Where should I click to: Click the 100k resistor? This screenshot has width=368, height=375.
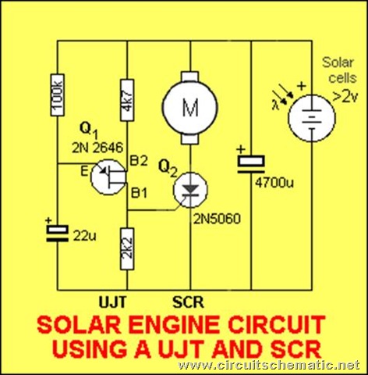[x=57, y=95]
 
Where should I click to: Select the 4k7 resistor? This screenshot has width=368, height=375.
[x=127, y=100]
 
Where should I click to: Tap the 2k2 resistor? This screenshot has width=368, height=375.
[x=127, y=249]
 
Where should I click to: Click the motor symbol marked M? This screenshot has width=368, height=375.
[x=190, y=108]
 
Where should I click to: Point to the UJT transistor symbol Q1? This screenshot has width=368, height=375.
[x=108, y=177]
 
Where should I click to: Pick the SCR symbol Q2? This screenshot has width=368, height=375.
[x=190, y=190]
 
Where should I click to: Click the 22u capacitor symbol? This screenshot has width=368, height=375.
[x=57, y=234]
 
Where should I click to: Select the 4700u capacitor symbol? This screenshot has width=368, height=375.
[x=251, y=164]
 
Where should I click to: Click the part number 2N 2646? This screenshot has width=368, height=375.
[x=97, y=148]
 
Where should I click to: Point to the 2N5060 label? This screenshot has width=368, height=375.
[x=217, y=220]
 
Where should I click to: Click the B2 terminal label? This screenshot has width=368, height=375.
[x=139, y=162]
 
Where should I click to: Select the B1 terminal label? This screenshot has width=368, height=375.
[x=140, y=193]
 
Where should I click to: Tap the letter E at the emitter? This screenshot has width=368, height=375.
[x=84, y=172]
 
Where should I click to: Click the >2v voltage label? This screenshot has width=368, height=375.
[x=345, y=97]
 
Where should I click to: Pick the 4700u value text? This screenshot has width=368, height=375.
[x=274, y=183]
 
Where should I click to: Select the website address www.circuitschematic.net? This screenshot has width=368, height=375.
[x=269, y=365]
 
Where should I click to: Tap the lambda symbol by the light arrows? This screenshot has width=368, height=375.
[x=275, y=105]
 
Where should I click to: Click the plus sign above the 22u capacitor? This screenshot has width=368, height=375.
[x=48, y=220]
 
